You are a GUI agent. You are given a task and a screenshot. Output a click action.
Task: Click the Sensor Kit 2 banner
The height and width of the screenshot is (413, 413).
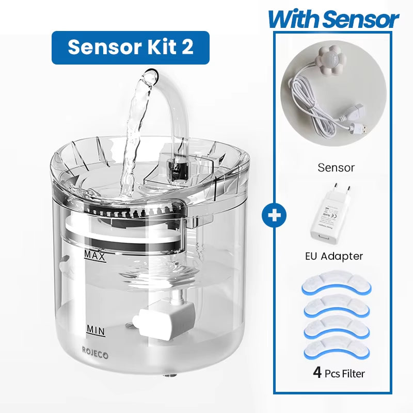(130, 47)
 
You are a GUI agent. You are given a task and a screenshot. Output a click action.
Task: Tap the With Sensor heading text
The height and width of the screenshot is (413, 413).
(333, 20)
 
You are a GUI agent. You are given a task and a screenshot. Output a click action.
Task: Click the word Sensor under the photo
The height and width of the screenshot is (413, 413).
(336, 168)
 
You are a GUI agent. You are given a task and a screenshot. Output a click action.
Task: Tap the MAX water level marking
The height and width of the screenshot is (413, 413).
(96, 256)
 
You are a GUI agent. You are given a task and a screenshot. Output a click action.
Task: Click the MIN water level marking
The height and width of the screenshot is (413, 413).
(96, 329)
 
